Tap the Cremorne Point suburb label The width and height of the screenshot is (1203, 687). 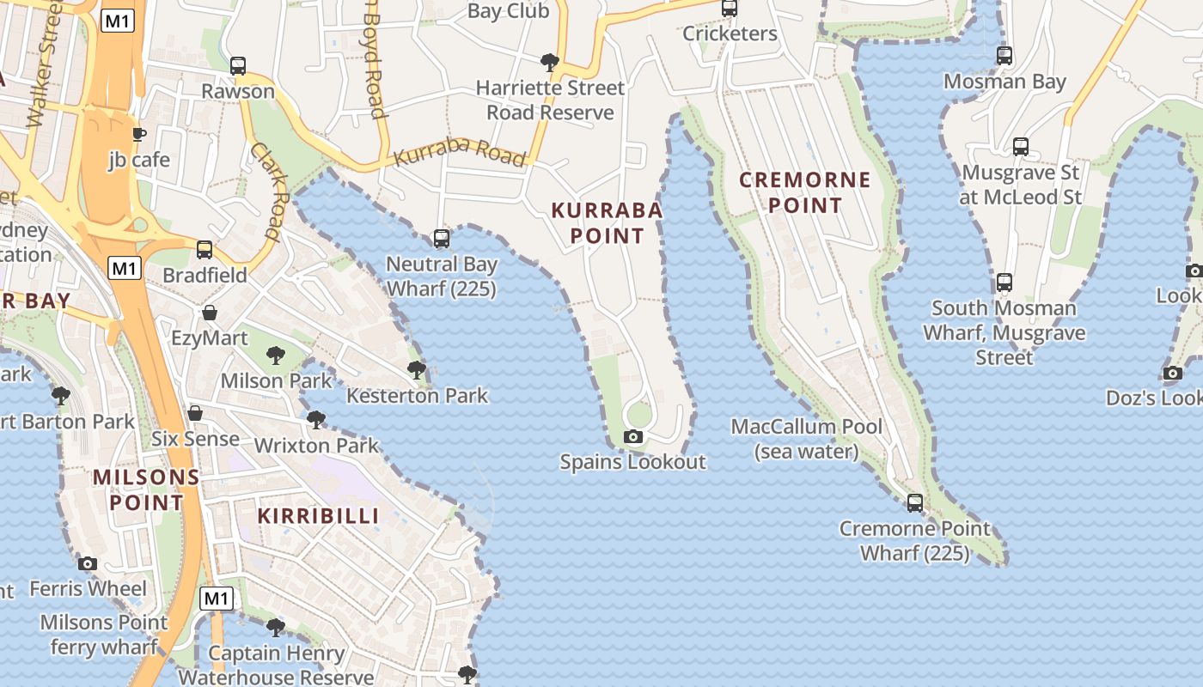pyautogui.click(x=805, y=192)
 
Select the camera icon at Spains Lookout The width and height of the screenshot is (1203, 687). pyautogui.click(x=633, y=437)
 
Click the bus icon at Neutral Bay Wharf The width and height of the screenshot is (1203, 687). pyautogui.click(x=442, y=239)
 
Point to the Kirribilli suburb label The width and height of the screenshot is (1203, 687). pyautogui.click(x=319, y=516)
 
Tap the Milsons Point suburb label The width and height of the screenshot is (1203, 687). pyautogui.click(x=146, y=489)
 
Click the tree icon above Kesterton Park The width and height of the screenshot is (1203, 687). pyautogui.click(x=417, y=370)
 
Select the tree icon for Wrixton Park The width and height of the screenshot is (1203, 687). pyautogui.click(x=316, y=420)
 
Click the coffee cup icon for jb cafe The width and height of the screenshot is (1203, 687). pyautogui.click(x=138, y=134)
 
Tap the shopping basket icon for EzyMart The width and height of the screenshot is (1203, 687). pyautogui.click(x=210, y=313)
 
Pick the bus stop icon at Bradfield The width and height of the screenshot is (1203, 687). pyautogui.click(x=205, y=250)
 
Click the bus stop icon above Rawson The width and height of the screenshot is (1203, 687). pyautogui.click(x=238, y=65)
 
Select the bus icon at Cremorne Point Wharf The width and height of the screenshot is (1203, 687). pyautogui.click(x=915, y=503)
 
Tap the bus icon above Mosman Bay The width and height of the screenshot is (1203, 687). pyautogui.click(x=1005, y=56)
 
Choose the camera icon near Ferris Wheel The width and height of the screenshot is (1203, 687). pyautogui.click(x=88, y=564)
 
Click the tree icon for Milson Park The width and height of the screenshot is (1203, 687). pyautogui.click(x=276, y=355)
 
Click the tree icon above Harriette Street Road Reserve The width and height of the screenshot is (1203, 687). pyautogui.click(x=550, y=62)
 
